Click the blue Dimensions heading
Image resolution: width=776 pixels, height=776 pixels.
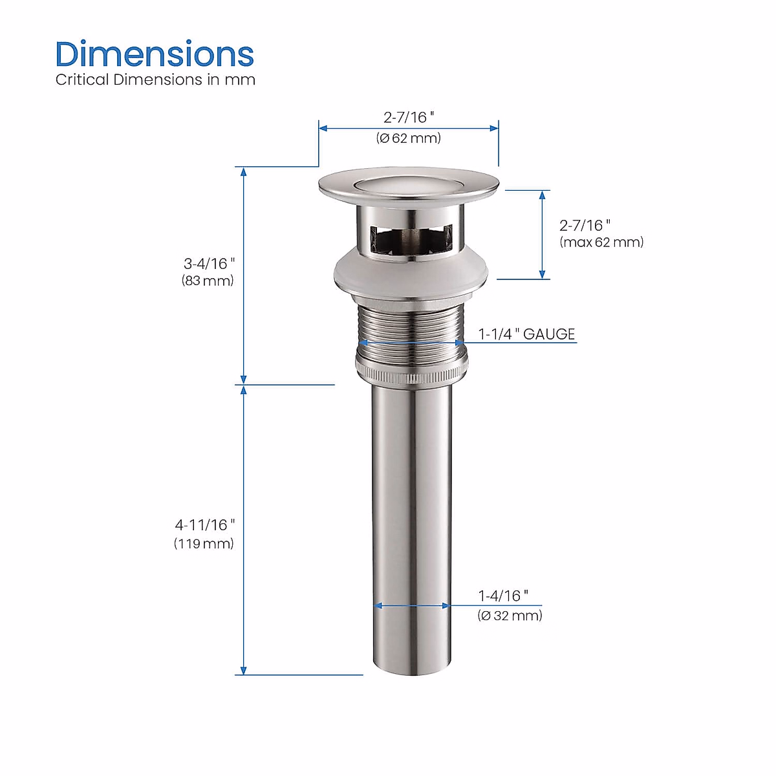pyautogui.click(x=155, y=54)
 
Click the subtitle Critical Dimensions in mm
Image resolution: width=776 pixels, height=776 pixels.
pyautogui.click(x=155, y=80)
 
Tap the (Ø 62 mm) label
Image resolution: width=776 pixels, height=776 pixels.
pyautogui.click(x=408, y=138)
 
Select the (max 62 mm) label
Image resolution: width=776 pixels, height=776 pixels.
pyautogui.click(x=601, y=242)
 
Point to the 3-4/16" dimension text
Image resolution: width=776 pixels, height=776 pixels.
pyautogui.click(x=209, y=264)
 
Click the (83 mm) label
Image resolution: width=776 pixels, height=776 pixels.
pyautogui.click(x=208, y=280)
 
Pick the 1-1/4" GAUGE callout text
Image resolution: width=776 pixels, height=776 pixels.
pyautogui.click(x=526, y=334)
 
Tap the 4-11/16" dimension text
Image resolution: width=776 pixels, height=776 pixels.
pyautogui.click(x=204, y=524)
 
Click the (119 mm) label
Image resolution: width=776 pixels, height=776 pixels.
pyautogui.click(x=204, y=544)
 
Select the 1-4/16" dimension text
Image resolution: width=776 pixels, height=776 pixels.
pyautogui.click(x=503, y=596)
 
